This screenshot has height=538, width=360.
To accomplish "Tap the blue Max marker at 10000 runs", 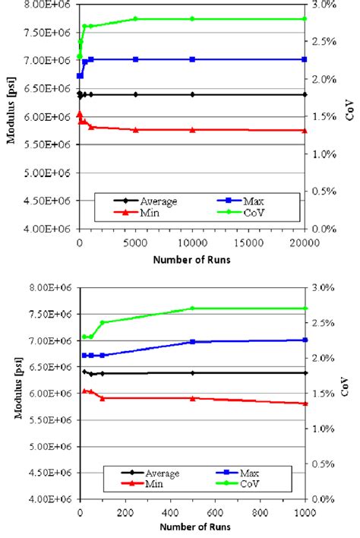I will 192,59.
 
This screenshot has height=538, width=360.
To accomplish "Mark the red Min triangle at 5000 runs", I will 136,130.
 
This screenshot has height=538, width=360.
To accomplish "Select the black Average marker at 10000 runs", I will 192,94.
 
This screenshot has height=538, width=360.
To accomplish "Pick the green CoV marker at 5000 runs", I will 136,18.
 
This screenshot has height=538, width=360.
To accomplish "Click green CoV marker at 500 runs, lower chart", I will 192,308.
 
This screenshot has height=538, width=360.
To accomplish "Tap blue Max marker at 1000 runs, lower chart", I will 305,340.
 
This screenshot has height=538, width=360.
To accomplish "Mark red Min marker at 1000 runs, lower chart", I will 305,403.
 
